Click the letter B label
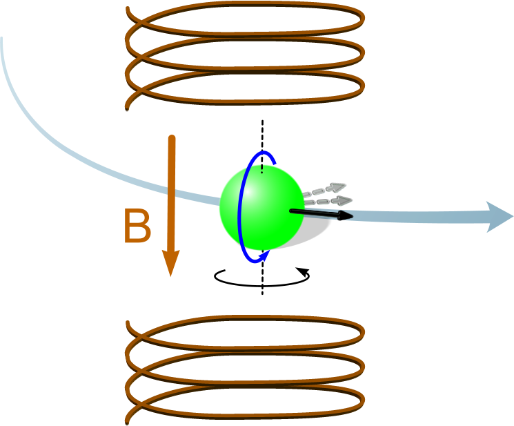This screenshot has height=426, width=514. pos(138,226)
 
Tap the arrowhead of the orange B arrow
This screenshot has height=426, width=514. pos(171,262)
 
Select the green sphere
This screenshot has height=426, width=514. pos(261,207)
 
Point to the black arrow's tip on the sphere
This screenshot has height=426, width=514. pos(353,216)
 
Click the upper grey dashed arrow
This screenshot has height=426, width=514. pos(324,189)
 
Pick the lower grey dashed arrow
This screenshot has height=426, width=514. pos(328,200)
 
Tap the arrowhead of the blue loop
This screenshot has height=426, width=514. pos(265,255)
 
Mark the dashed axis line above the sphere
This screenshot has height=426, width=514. pos(262,146)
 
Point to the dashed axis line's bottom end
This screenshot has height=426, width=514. pos(262,294)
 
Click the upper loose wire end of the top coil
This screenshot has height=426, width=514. pos(128,8)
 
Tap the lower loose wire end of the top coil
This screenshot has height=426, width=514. pos(127,108)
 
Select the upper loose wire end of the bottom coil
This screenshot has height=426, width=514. pos(128,322)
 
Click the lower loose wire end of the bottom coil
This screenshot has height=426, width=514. pos(127,423)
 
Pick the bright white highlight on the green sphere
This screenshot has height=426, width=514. pos(248,192)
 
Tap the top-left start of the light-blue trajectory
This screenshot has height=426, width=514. pos(1,39)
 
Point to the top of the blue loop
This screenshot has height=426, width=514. pos(262,152)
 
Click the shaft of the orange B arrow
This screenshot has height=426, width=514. pos(171,193)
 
